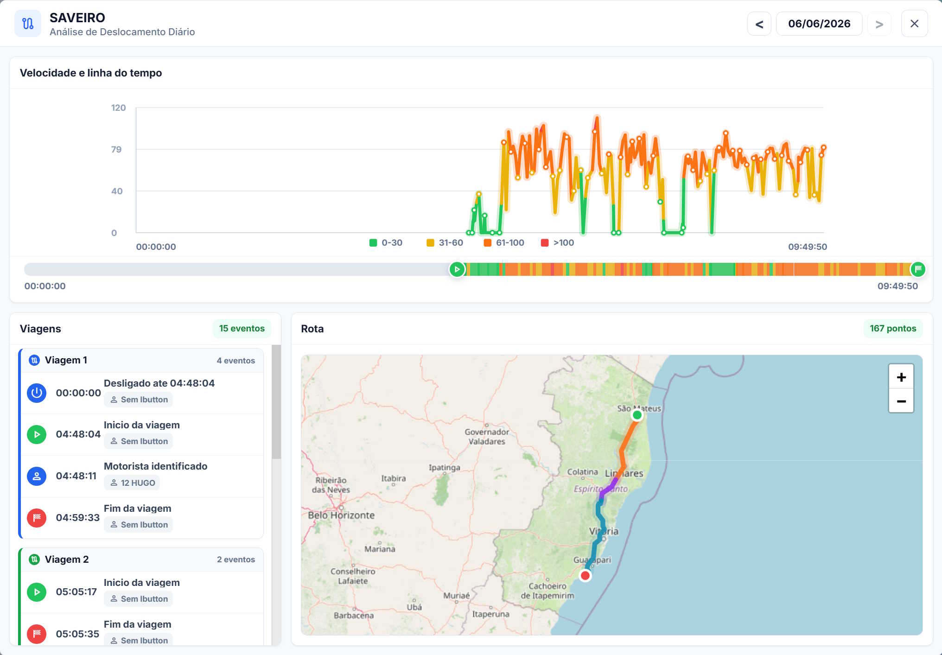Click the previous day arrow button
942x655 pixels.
[x=759, y=24]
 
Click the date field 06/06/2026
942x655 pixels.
[x=819, y=24]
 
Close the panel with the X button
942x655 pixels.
[x=914, y=24]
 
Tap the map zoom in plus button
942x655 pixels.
[x=901, y=377]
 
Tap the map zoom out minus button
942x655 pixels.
[x=901, y=401]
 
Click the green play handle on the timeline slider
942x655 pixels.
[x=457, y=269]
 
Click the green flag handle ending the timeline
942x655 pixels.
[x=918, y=269]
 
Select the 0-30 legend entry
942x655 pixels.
[x=386, y=242]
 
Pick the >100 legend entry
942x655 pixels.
[x=558, y=242]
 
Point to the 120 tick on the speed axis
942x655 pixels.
[x=118, y=108]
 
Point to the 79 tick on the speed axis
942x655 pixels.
[x=116, y=149]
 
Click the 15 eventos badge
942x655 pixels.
[x=242, y=328]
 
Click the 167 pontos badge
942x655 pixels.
[x=893, y=328]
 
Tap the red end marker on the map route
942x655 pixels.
[x=586, y=576]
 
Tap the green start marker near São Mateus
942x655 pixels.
[x=637, y=415]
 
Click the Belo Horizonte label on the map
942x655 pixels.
[x=341, y=515]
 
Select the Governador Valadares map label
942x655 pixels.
[x=487, y=437]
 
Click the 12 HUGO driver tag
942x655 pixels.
[x=132, y=483]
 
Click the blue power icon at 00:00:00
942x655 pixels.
[x=37, y=393]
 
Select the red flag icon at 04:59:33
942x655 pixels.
[x=37, y=518]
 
